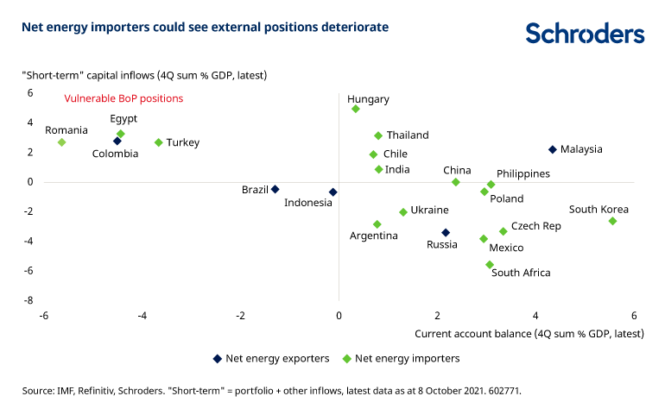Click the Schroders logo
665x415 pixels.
[585, 34]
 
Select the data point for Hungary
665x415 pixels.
[355, 109]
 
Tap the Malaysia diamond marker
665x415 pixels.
[553, 149]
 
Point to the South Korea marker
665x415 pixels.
[612, 221]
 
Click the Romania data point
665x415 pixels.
[62, 142]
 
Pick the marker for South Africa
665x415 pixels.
[490, 265]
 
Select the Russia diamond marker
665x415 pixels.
[446, 232]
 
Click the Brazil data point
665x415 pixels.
[275, 189]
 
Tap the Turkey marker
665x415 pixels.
[158, 142]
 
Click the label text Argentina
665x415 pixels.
[373, 236]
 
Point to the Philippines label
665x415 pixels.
[523, 173]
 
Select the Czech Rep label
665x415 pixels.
[535, 226]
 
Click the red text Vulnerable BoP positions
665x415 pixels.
[123, 98]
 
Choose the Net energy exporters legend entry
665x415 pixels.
[270, 358]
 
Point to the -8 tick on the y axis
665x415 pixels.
[28, 300]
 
